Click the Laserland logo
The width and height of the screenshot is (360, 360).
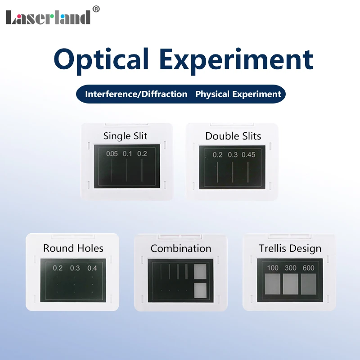click(48, 17)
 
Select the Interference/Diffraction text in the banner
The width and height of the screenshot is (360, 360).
click(136, 94)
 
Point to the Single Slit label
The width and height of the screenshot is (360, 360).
click(125, 135)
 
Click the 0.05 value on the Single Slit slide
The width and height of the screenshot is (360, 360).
click(112, 154)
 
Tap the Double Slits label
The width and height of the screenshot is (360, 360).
click(233, 136)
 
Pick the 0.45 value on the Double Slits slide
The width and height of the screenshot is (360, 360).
click(248, 155)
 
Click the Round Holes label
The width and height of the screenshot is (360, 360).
click(73, 248)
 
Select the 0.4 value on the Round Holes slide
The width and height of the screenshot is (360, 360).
click(92, 268)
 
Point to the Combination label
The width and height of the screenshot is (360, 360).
click(181, 248)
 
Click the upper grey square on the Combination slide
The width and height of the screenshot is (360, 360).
click(199, 271)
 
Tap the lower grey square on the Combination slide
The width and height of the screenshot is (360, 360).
click(199, 291)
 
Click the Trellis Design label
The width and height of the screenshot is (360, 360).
click(290, 248)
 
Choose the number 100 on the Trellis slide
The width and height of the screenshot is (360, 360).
click(273, 268)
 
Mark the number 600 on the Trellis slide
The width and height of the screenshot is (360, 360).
click(309, 268)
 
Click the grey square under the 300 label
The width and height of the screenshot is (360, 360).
click(291, 285)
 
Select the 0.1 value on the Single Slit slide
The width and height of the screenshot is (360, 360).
click(127, 154)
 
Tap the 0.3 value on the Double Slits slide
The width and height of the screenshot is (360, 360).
click(233, 155)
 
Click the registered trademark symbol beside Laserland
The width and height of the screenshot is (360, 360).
click(96, 8)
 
